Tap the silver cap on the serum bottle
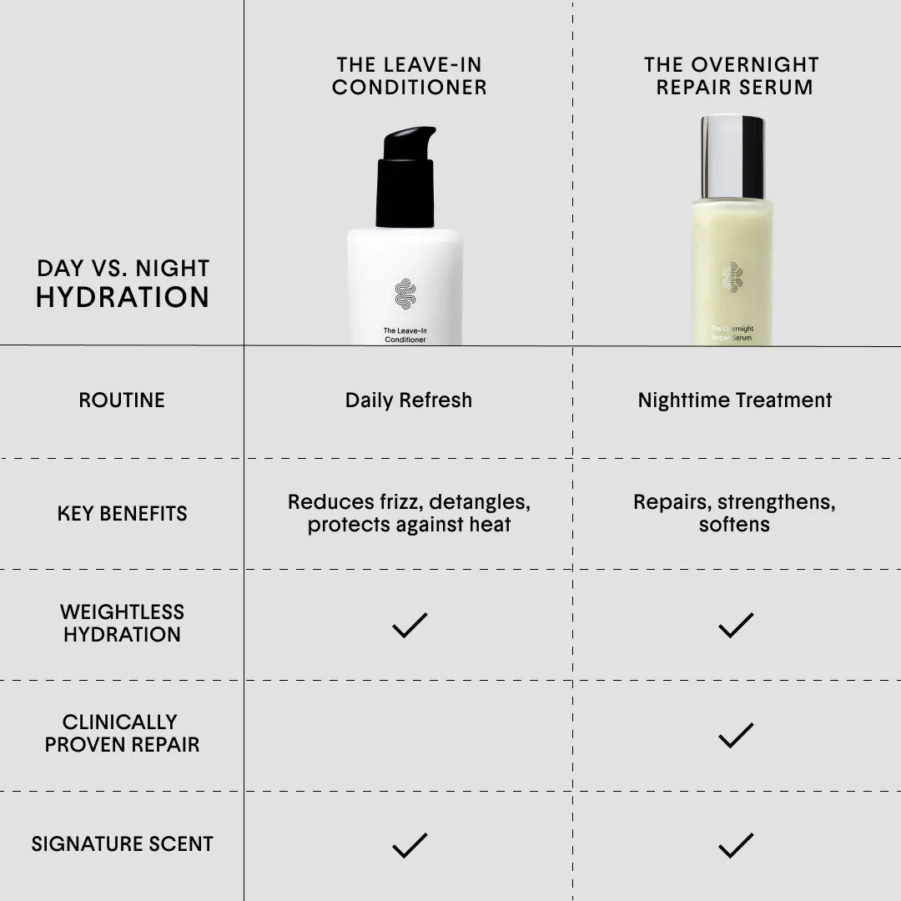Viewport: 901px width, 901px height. pos(732,157)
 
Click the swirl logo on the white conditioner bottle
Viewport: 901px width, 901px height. pos(405,294)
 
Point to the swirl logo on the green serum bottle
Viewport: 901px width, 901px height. pos(732,277)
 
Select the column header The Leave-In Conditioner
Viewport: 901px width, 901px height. pos(409,76)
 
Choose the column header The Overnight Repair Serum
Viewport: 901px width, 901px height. pos(732,76)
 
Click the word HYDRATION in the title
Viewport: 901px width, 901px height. pos(123,297)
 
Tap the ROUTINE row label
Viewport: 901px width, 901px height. pos(122,400)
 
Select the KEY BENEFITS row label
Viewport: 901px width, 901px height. pos(123,513)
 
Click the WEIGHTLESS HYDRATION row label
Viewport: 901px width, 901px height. pos(123,623)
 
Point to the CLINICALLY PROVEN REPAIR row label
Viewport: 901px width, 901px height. pos(123,733)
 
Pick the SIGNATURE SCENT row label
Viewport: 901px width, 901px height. pos(123,843)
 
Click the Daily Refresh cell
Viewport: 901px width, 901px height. pos(409,400)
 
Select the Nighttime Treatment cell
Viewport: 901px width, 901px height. pos(735,400)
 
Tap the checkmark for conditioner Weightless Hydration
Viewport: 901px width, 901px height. pos(410,625)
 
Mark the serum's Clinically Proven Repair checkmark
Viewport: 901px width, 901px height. pos(736,736)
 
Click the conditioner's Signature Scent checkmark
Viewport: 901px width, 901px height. pos(410,846)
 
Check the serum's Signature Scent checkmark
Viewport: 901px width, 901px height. pos(736,846)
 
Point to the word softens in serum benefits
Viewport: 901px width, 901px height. pos(734,525)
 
